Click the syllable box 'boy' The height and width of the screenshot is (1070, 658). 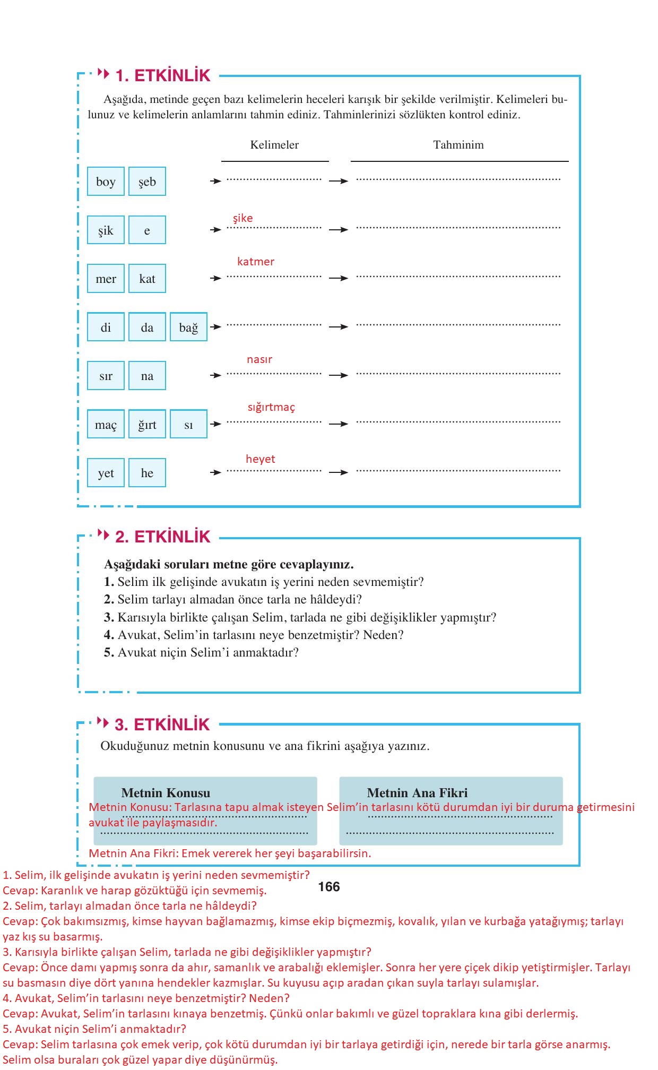(x=106, y=182)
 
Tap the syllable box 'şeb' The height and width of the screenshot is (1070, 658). (x=147, y=182)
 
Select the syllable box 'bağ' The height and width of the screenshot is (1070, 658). (x=188, y=327)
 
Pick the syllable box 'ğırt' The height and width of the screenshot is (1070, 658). (x=147, y=424)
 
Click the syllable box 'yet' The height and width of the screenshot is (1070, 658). (x=106, y=473)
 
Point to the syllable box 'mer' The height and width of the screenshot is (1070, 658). (x=106, y=279)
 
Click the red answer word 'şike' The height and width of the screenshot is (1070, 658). (x=243, y=218)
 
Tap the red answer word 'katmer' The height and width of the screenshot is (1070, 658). (x=255, y=262)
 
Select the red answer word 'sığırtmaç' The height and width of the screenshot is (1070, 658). (x=271, y=407)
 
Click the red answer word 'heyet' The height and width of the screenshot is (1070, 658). (x=260, y=459)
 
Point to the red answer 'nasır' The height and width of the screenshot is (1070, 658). (x=259, y=359)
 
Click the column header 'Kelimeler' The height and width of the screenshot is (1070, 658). (x=274, y=145)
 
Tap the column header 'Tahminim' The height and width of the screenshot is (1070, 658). (x=458, y=145)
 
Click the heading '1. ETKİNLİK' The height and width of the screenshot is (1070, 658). (x=163, y=75)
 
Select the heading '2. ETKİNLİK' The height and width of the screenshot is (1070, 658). (x=163, y=537)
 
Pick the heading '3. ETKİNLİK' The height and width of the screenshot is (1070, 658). (x=162, y=724)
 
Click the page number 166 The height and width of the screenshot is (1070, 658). (x=329, y=887)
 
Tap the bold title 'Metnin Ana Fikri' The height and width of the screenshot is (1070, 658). (x=417, y=793)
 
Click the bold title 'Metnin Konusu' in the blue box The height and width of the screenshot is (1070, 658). (x=166, y=793)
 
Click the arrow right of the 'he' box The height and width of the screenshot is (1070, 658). (x=215, y=472)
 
